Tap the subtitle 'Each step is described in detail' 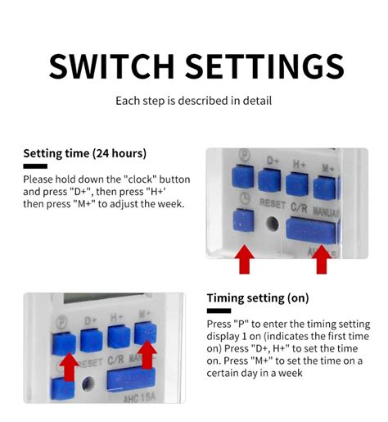click(x=193, y=102)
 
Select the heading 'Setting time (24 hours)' click(x=84, y=153)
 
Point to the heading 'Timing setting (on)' click(x=257, y=297)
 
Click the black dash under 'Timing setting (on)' click(x=219, y=311)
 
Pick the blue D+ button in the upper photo click(x=270, y=181)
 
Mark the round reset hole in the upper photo click(x=271, y=222)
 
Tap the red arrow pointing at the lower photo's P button click(x=70, y=366)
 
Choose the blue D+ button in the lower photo click(x=89, y=336)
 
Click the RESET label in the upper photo click(x=272, y=202)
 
